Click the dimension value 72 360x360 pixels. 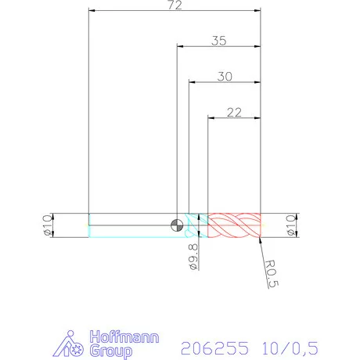174,5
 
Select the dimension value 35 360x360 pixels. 218,41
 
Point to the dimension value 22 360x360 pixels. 233,112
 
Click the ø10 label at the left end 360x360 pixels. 47,225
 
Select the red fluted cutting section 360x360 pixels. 233,225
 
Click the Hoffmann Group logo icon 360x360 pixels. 73,344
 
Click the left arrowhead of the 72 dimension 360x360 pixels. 93,12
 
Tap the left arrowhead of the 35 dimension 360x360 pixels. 181,48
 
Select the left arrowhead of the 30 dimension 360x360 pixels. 193,82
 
